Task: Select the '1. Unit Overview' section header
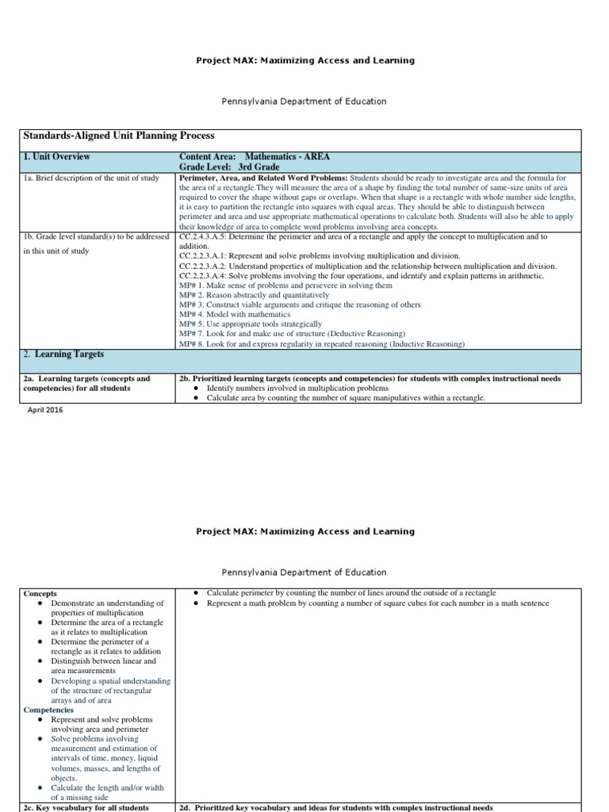[x=56, y=157]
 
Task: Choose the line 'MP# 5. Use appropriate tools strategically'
[x=251, y=324]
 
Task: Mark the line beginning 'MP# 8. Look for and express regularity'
[x=322, y=343]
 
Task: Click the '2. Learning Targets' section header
[x=63, y=354]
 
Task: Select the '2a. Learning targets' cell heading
[x=86, y=384]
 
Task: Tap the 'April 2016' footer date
[x=45, y=410]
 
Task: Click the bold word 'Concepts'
[x=40, y=593]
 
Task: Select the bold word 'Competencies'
[x=48, y=710]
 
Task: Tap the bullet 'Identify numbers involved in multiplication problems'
[x=297, y=389]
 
